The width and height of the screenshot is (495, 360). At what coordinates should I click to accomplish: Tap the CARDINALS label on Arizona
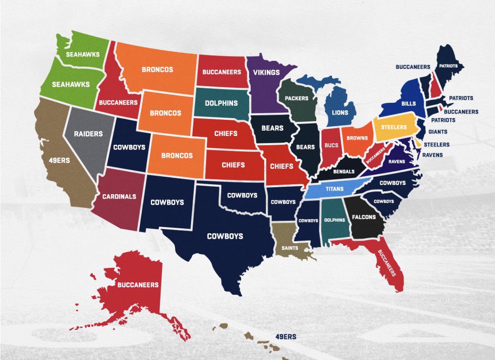pos(119,196)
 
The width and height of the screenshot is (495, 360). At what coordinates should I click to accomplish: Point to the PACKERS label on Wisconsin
pos(296,98)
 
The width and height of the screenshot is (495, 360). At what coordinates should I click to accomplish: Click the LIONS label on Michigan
pos(339,112)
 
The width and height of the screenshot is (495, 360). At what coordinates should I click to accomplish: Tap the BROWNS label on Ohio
pos(357,138)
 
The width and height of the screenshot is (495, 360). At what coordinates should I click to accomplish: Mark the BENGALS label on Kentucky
pos(344,171)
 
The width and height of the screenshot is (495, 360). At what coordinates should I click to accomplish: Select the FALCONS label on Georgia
pos(364,217)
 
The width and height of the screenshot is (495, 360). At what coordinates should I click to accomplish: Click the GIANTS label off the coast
pos(438,131)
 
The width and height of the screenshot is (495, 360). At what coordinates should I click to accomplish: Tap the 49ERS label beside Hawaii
pos(286,337)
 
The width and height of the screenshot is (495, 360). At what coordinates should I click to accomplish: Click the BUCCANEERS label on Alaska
pos(138,285)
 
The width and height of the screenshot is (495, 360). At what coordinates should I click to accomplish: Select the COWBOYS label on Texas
pos(225,236)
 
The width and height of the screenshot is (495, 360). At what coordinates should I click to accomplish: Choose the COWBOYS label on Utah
pos(129,147)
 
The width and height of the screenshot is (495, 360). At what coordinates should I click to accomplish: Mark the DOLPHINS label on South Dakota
pos(222,103)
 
